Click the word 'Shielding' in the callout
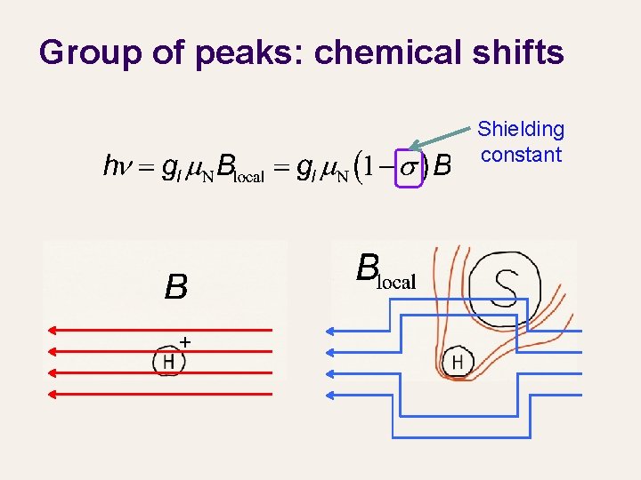point(521,130)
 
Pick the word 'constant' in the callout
point(521,155)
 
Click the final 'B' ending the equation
point(442,166)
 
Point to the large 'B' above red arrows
point(175,286)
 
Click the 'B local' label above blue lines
point(384,271)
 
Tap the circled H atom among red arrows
point(168,361)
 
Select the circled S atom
point(506,286)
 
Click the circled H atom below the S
point(458,362)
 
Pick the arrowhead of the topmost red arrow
point(53,331)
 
